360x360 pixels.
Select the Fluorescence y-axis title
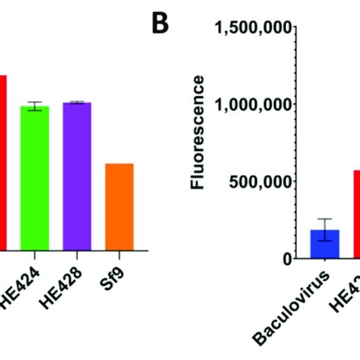click(x=198, y=131)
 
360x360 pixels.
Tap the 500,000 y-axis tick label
click(x=262, y=182)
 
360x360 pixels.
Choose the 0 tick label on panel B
click(x=286, y=259)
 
